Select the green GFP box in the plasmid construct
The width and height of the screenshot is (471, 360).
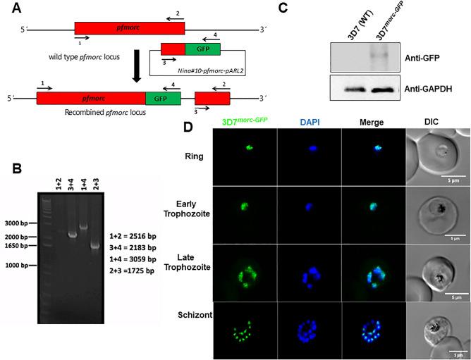202,49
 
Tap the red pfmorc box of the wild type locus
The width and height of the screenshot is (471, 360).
129,28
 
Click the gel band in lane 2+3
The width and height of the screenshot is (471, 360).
95,246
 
